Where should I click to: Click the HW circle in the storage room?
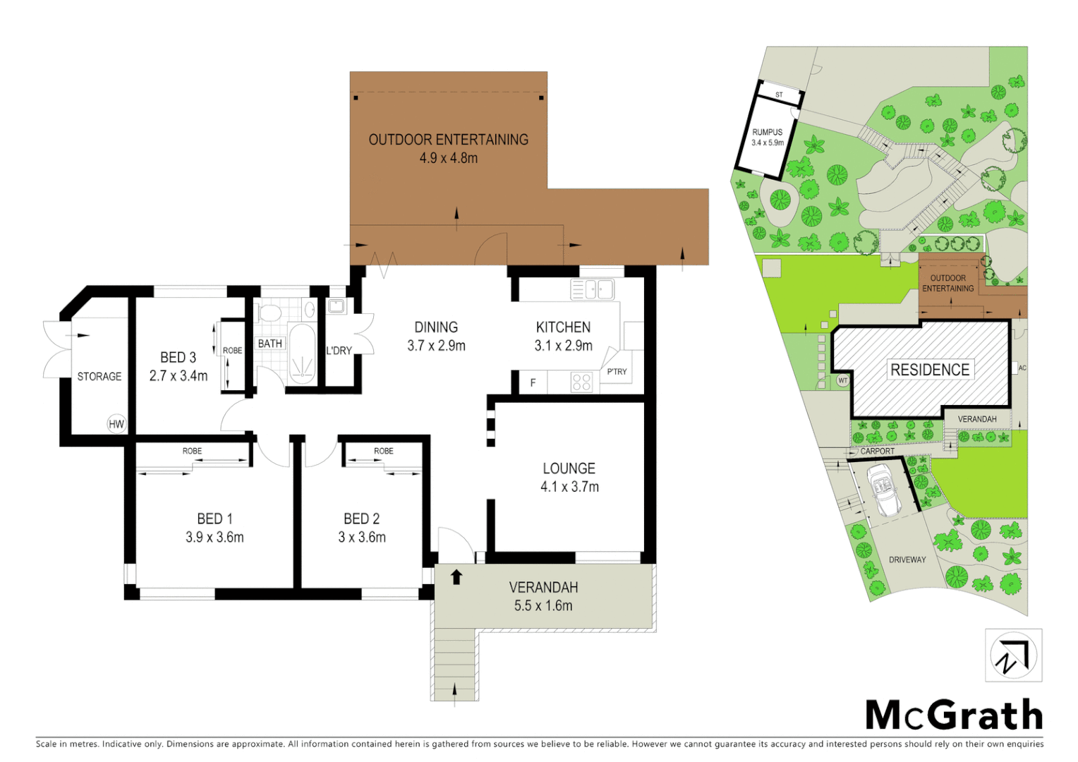pyautogui.click(x=116, y=424)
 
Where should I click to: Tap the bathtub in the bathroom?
pyautogui.click(x=302, y=356)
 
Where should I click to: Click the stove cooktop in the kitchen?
pyautogui.click(x=581, y=382)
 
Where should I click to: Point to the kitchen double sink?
pyautogui.click(x=593, y=289)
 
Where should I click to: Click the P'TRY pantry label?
pyautogui.click(x=617, y=371)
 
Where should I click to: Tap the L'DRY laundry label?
pyautogui.click(x=339, y=351)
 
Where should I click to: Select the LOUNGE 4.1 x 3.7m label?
pyautogui.click(x=569, y=478)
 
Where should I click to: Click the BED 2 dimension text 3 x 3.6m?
pyautogui.click(x=362, y=537)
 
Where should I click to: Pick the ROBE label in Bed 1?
pyautogui.click(x=192, y=451)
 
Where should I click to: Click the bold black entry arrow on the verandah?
pyautogui.click(x=456, y=576)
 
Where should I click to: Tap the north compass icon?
pyautogui.click(x=1013, y=655)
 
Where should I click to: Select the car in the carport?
pyautogui.click(x=883, y=490)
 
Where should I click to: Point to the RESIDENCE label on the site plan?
pyautogui.click(x=929, y=370)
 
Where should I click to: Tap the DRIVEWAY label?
pyautogui.click(x=907, y=560)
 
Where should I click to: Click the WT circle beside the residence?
pyautogui.click(x=842, y=380)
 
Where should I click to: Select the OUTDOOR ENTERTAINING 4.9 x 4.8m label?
pyautogui.click(x=448, y=148)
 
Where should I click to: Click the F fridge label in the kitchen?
pyautogui.click(x=533, y=382)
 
